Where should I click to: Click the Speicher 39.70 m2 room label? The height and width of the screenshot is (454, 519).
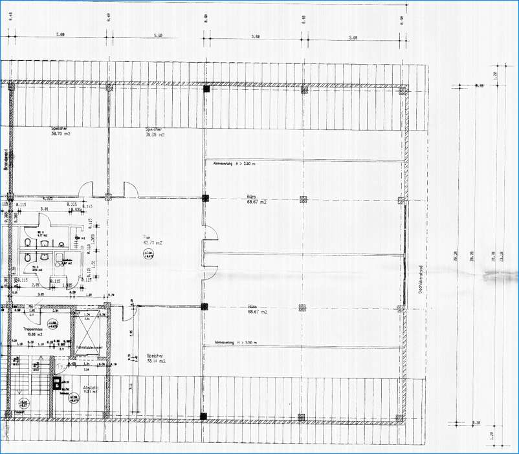tap(60, 132)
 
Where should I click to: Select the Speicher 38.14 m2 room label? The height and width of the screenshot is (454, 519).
tap(156, 359)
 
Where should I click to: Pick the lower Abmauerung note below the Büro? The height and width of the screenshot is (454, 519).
tap(234, 342)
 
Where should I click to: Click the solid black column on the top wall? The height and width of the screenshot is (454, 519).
tap(206, 89)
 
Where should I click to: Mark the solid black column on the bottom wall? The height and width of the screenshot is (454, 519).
tap(204, 415)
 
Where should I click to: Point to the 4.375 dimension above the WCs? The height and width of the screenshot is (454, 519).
tap(47, 199)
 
